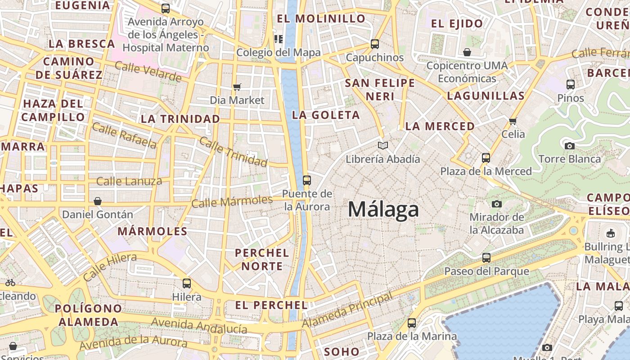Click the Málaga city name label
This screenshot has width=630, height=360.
383,210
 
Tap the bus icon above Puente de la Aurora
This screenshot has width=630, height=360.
307,180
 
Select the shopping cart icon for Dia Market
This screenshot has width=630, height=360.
237,87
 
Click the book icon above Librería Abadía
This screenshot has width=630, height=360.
383,145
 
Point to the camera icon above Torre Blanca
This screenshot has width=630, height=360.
569,146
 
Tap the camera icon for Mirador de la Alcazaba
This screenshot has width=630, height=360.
497,204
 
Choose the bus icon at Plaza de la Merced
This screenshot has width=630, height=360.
486,158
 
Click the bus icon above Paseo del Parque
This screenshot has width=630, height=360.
486,258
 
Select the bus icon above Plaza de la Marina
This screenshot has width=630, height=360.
412,323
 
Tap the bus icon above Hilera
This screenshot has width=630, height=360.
187,283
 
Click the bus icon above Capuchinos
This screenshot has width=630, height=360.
375,44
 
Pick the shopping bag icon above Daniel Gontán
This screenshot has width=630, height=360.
98,201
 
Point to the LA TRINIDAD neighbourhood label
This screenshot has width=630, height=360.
180,119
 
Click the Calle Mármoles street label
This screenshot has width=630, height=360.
232,201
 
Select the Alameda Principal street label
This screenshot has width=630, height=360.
347,310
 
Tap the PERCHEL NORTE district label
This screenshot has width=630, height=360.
262,260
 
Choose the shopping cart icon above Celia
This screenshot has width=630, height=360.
513,121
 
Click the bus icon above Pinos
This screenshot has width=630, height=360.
571,84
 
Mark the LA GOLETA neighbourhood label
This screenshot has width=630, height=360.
326,115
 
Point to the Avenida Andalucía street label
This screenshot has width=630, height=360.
199,325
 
